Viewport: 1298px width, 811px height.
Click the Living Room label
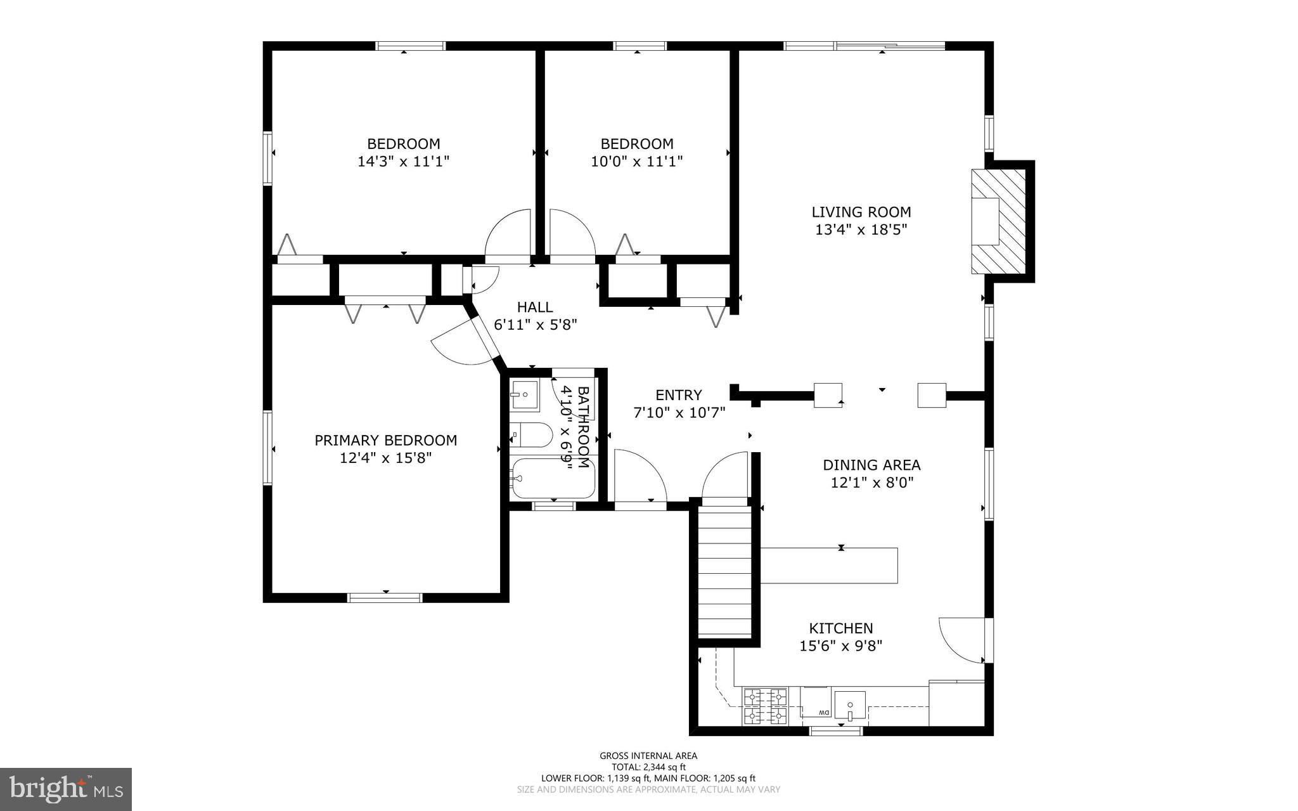[861, 212]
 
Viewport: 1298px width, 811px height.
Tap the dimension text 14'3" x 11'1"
[403, 162]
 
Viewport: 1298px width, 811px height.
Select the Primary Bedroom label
[385, 440]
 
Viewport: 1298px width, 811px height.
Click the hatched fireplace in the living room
[998, 221]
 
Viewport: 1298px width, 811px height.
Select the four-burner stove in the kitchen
[765, 706]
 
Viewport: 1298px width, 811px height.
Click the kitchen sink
[849, 706]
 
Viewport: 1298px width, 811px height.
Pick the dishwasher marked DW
[815, 703]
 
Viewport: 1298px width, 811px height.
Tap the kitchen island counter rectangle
[828, 565]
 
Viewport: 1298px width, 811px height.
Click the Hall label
[534, 307]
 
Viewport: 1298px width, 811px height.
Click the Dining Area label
[871, 465]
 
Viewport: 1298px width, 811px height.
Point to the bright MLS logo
[66, 789]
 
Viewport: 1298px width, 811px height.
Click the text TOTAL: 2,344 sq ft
[648, 767]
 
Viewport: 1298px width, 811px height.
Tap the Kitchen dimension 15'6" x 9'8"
[840, 646]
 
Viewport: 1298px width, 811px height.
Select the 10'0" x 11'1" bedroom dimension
[636, 162]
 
